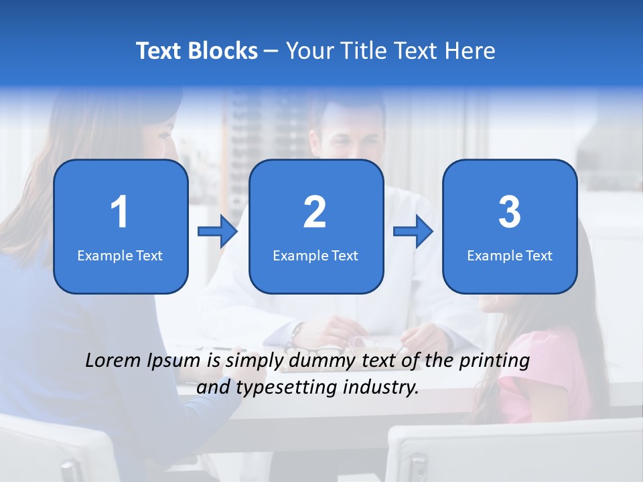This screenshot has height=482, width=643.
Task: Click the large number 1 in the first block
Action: (x=119, y=212)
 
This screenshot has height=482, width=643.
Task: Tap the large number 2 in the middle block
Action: (x=315, y=212)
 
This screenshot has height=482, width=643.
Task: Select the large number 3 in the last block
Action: (x=510, y=212)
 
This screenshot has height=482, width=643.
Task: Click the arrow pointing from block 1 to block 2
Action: (x=218, y=232)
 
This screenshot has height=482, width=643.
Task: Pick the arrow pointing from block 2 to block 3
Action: (x=413, y=232)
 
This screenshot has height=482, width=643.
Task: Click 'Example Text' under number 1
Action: (x=120, y=256)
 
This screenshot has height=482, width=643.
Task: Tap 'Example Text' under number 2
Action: (x=315, y=256)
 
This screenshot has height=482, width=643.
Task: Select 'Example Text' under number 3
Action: (x=510, y=256)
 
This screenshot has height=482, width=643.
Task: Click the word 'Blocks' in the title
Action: (x=220, y=51)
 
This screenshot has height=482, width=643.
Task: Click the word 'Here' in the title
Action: (x=470, y=51)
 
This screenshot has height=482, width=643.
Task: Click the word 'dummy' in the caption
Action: (x=317, y=361)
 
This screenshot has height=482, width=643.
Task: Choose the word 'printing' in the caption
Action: (x=495, y=361)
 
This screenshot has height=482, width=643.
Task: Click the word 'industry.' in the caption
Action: (x=383, y=387)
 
